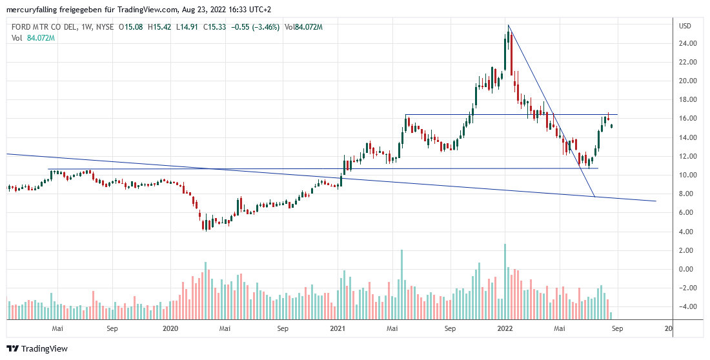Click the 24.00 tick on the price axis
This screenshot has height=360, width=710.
686,44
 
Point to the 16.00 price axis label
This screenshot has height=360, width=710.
686,119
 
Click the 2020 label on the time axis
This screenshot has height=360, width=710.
170,329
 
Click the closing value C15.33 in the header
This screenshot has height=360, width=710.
216,26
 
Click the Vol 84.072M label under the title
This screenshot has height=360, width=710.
33,38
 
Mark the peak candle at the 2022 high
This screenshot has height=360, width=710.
508,35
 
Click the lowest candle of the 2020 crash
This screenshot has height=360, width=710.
204,225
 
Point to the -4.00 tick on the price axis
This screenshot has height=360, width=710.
685,307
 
